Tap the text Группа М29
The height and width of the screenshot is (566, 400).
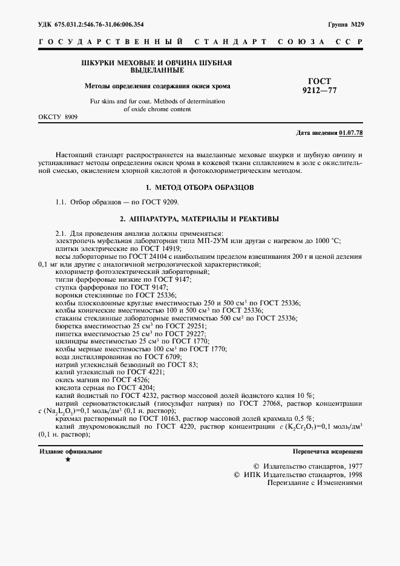pos(346,25)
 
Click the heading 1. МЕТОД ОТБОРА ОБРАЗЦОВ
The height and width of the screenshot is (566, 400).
pos(200,187)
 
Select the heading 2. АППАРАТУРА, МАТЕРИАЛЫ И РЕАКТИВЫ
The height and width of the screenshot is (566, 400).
pos(200,218)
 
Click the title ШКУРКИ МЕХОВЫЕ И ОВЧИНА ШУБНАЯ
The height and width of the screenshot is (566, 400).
pos(157,63)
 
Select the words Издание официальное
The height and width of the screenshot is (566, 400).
pos(71,451)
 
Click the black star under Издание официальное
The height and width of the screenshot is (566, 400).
pos(68,460)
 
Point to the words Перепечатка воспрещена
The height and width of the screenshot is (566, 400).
pos(327,451)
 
